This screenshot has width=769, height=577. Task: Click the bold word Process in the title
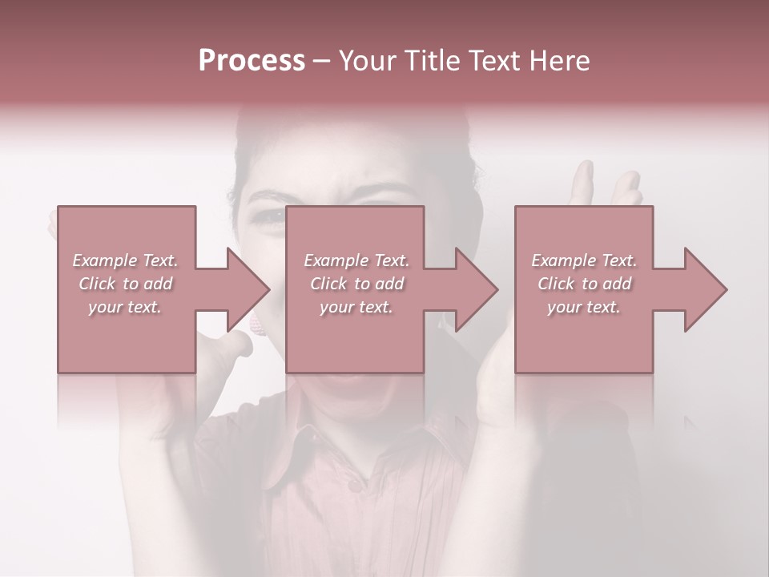pyautogui.click(x=252, y=61)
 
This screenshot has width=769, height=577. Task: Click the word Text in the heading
pyautogui.click(x=493, y=61)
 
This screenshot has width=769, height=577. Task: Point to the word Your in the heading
pyautogui.click(x=368, y=61)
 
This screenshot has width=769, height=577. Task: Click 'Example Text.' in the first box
pyautogui.click(x=126, y=260)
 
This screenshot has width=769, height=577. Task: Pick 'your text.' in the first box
pyautogui.click(x=125, y=307)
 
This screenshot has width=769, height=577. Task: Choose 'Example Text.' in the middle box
pyautogui.click(x=356, y=260)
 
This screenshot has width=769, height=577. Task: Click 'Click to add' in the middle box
pyautogui.click(x=356, y=284)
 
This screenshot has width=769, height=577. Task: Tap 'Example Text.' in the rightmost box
pyautogui.click(x=584, y=260)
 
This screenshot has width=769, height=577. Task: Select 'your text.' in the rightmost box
pyautogui.click(x=584, y=307)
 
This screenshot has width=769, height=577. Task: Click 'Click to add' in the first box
pyautogui.click(x=126, y=284)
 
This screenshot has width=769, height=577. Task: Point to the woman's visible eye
pyautogui.click(x=270, y=215)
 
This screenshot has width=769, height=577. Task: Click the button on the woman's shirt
pyautogui.click(x=353, y=485)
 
